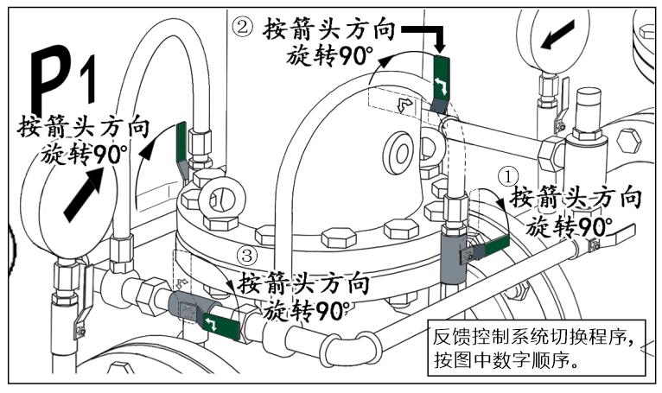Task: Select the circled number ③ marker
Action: coord(248,257)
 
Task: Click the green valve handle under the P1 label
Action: coord(182,143)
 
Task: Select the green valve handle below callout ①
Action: coord(485,250)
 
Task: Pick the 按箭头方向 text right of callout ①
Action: coord(576,198)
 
